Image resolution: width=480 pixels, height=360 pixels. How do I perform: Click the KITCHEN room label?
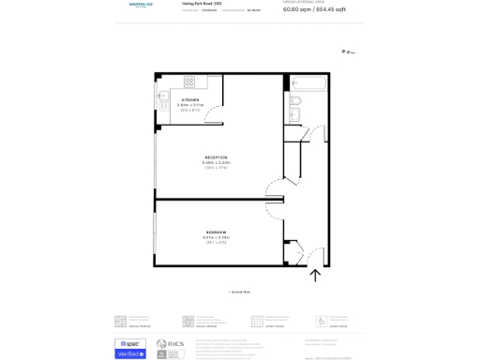189,98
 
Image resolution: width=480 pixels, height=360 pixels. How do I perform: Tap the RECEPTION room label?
216,157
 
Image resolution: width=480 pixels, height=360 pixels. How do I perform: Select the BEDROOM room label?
216,232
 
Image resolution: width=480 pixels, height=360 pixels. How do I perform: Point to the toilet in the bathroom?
292,99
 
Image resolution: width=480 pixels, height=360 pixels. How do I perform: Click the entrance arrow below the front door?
315,276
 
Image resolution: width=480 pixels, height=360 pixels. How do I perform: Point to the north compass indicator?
348,52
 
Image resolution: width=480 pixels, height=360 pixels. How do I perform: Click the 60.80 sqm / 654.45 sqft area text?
314,9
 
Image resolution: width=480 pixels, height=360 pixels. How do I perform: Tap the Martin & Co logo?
141,6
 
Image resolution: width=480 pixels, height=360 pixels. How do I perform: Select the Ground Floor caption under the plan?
239,292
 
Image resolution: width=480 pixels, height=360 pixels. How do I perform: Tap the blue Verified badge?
129,353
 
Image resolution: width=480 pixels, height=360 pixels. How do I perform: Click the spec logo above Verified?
129,343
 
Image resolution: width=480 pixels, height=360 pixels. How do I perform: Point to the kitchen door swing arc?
214,115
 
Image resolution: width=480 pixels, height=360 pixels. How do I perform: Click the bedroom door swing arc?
274,210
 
